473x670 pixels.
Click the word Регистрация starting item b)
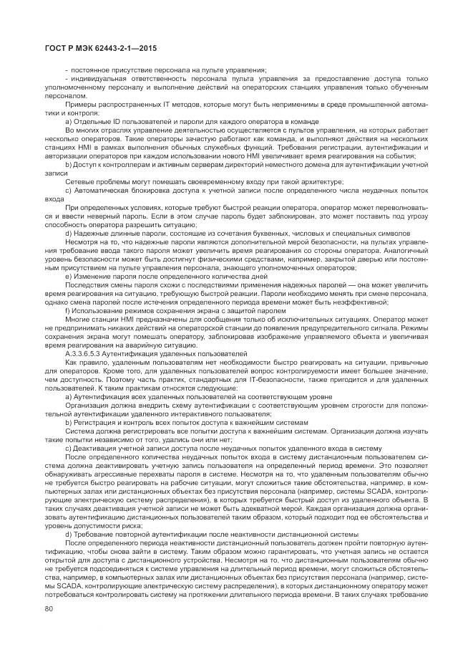pos(95,422)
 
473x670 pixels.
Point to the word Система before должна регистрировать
pos(79,431)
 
